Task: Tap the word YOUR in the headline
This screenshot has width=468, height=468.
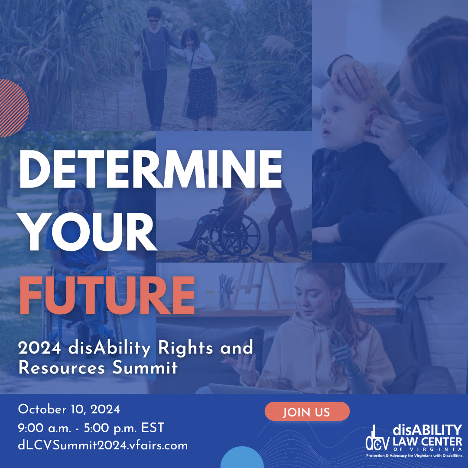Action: (x=88, y=233)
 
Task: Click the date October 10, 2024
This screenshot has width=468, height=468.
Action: (x=69, y=409)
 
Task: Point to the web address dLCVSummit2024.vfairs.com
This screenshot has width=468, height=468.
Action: (x=103, y=445)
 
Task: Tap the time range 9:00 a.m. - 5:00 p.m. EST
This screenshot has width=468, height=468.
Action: (x=91, y=428)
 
